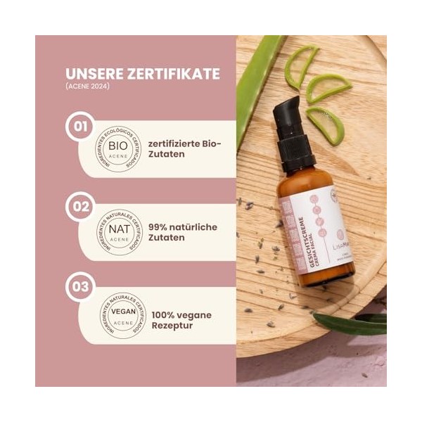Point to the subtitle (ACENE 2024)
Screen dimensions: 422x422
[x=87, y=89]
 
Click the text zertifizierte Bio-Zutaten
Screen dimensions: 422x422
[x=185, y=149]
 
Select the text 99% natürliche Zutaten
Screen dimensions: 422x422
[x=183, y=233]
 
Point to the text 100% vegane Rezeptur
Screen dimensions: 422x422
[x=179, y=321]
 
